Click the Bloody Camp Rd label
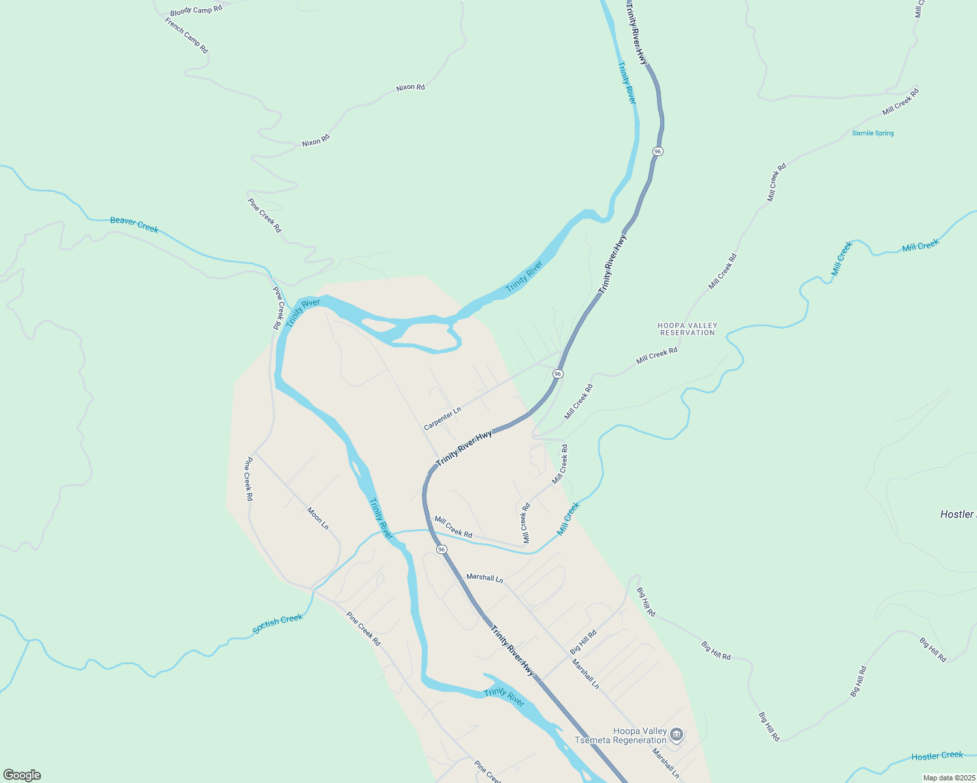coord(196,10)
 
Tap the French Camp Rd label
coord(186,35)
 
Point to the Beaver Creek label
coord(134,224)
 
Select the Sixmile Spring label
coord(873,133)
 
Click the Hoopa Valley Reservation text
coord(687,329)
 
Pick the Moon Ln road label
coord(318,518)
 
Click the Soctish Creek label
coord(278,623)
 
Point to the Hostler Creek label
coord(937,756)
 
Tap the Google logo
coord(22,775)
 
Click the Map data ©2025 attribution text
coord(948,777)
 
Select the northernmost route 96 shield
coord(657,151)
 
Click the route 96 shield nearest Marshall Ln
coord(442,549)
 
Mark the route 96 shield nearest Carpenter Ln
coord(557,374)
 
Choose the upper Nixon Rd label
coord(410,87)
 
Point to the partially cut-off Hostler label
coord(957,514)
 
